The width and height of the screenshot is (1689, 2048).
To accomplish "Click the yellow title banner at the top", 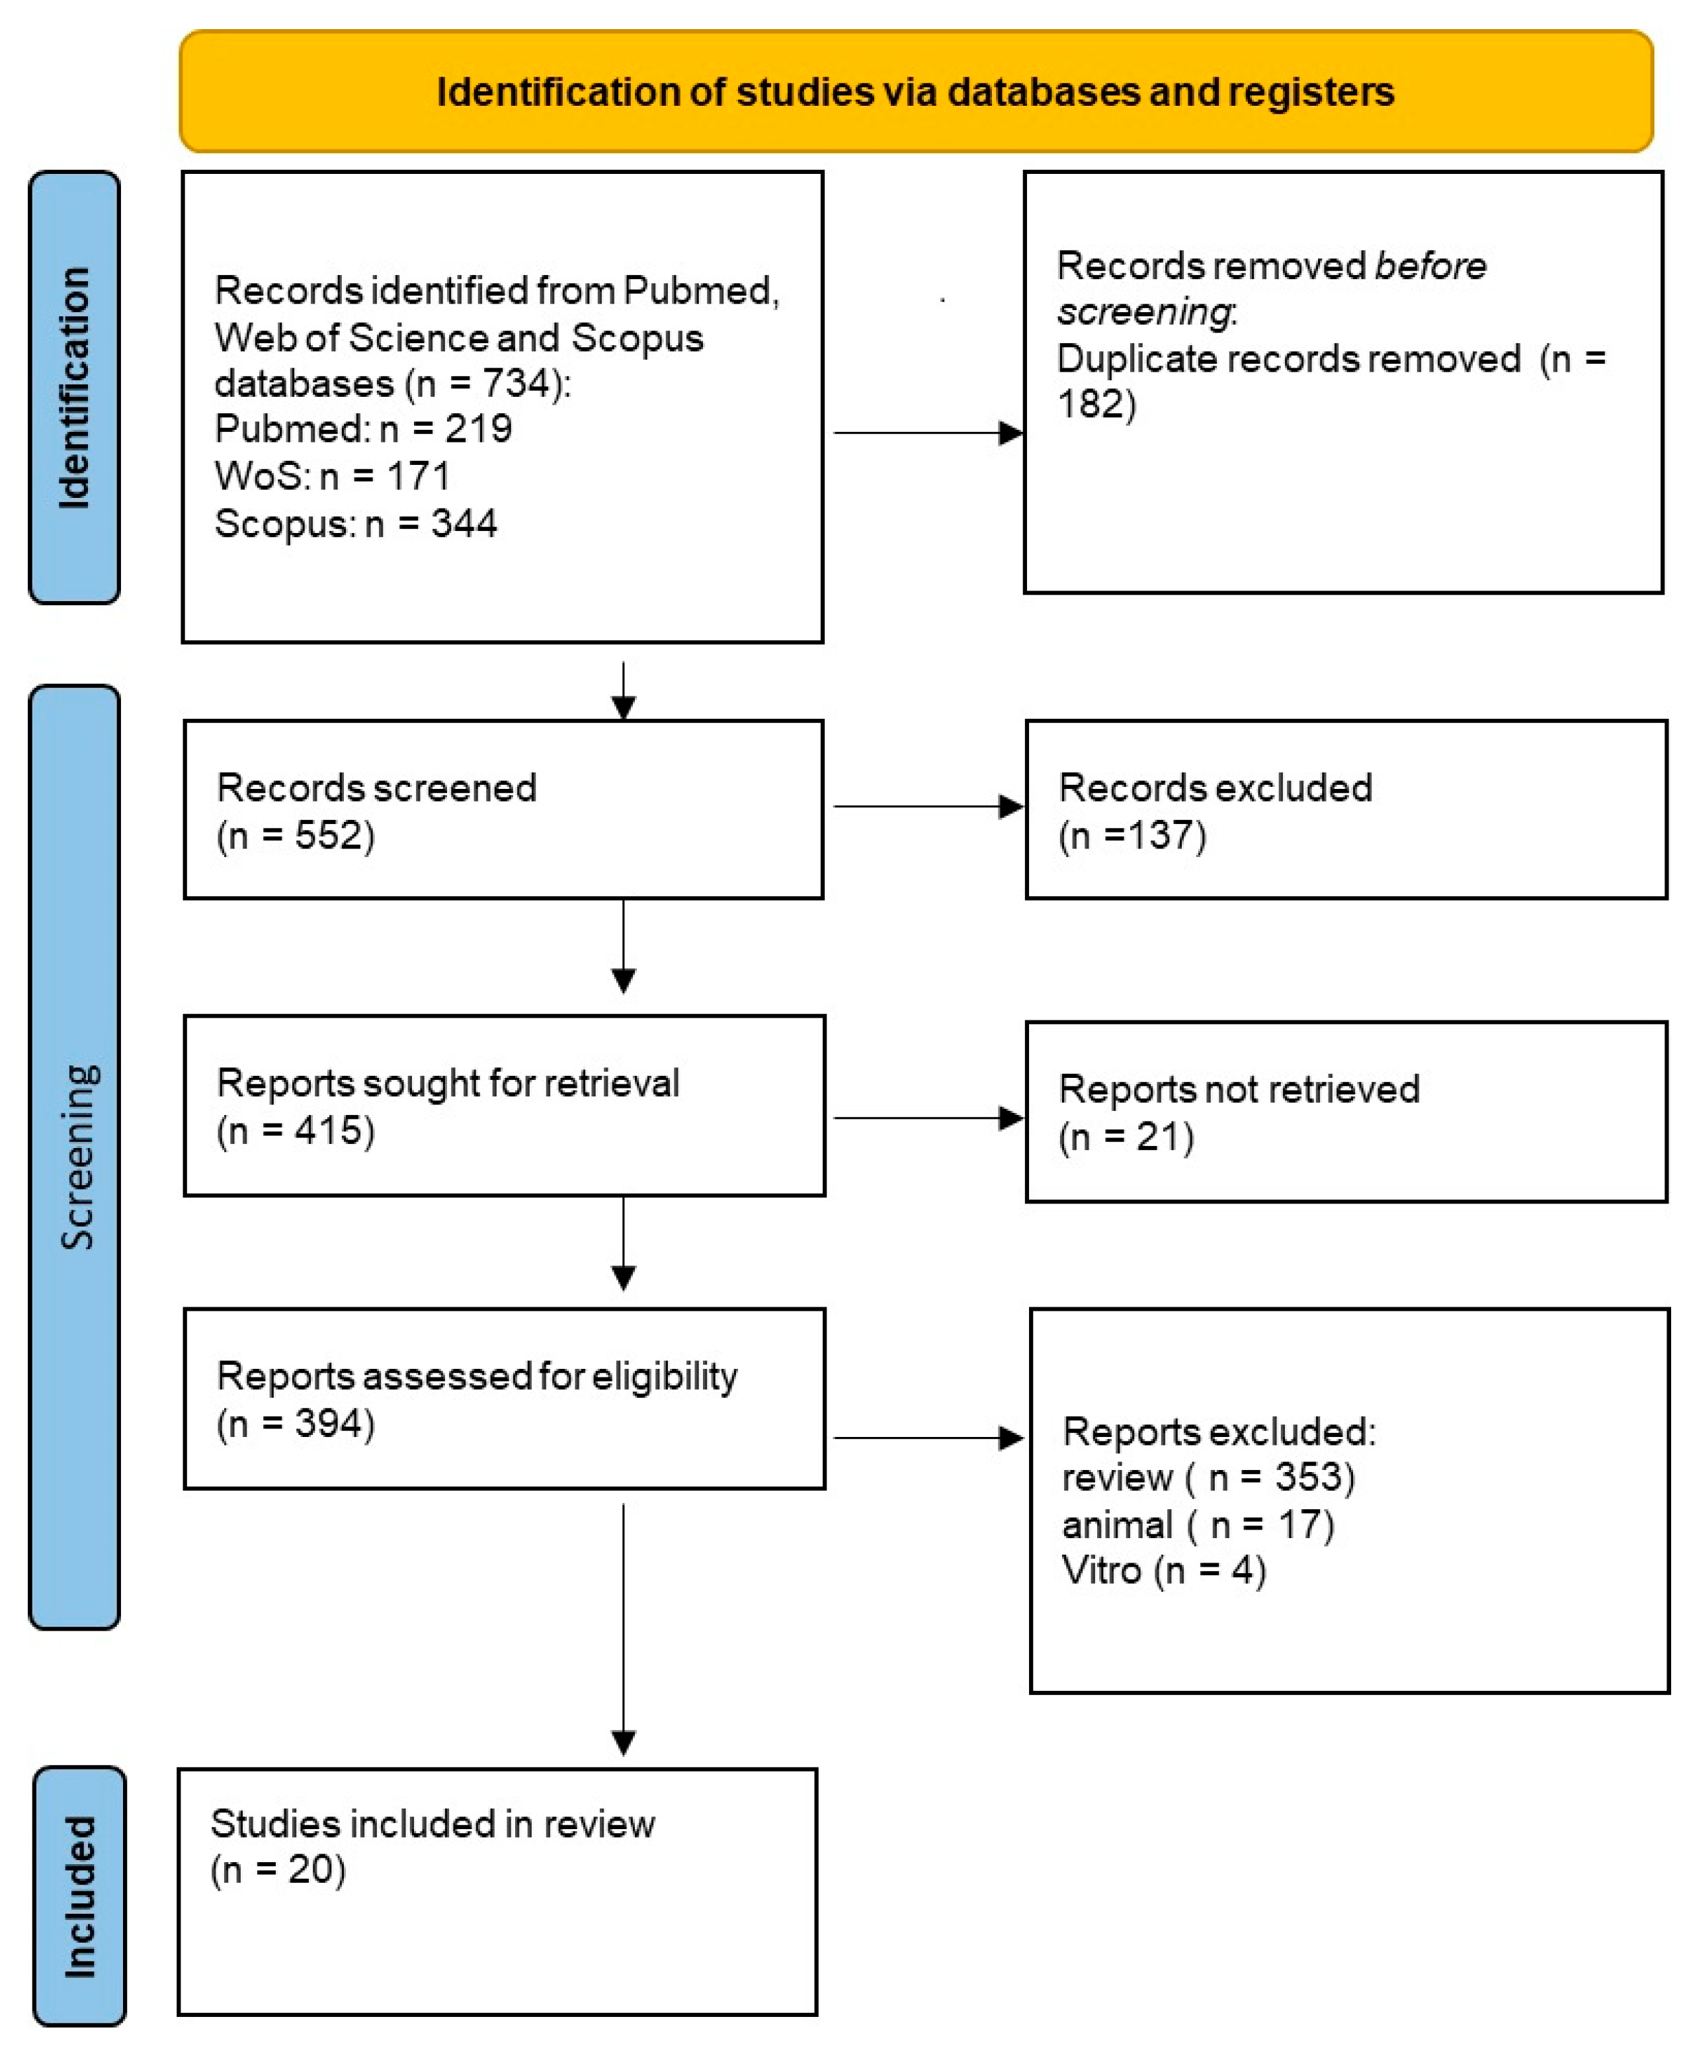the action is (x=915, y=91).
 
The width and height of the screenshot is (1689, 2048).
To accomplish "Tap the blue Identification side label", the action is (x=75, y=388).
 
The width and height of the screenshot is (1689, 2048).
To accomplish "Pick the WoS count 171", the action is (x=419, y=475).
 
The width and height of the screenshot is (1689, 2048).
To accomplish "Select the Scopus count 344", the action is (x=464, y=524).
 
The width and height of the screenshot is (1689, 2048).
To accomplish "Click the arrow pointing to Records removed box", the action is (x=928, y=433).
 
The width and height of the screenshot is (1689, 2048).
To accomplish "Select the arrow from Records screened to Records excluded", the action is (x=928, y=807).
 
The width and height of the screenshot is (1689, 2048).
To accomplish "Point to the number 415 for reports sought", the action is (x=328, y=1131).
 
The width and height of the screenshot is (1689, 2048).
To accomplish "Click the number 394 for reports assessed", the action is (x=328, y=1423).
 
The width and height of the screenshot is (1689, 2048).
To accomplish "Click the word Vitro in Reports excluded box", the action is (x=1100, y=1571).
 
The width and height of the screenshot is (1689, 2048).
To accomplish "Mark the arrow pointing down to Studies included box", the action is (x=624, y=1629).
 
